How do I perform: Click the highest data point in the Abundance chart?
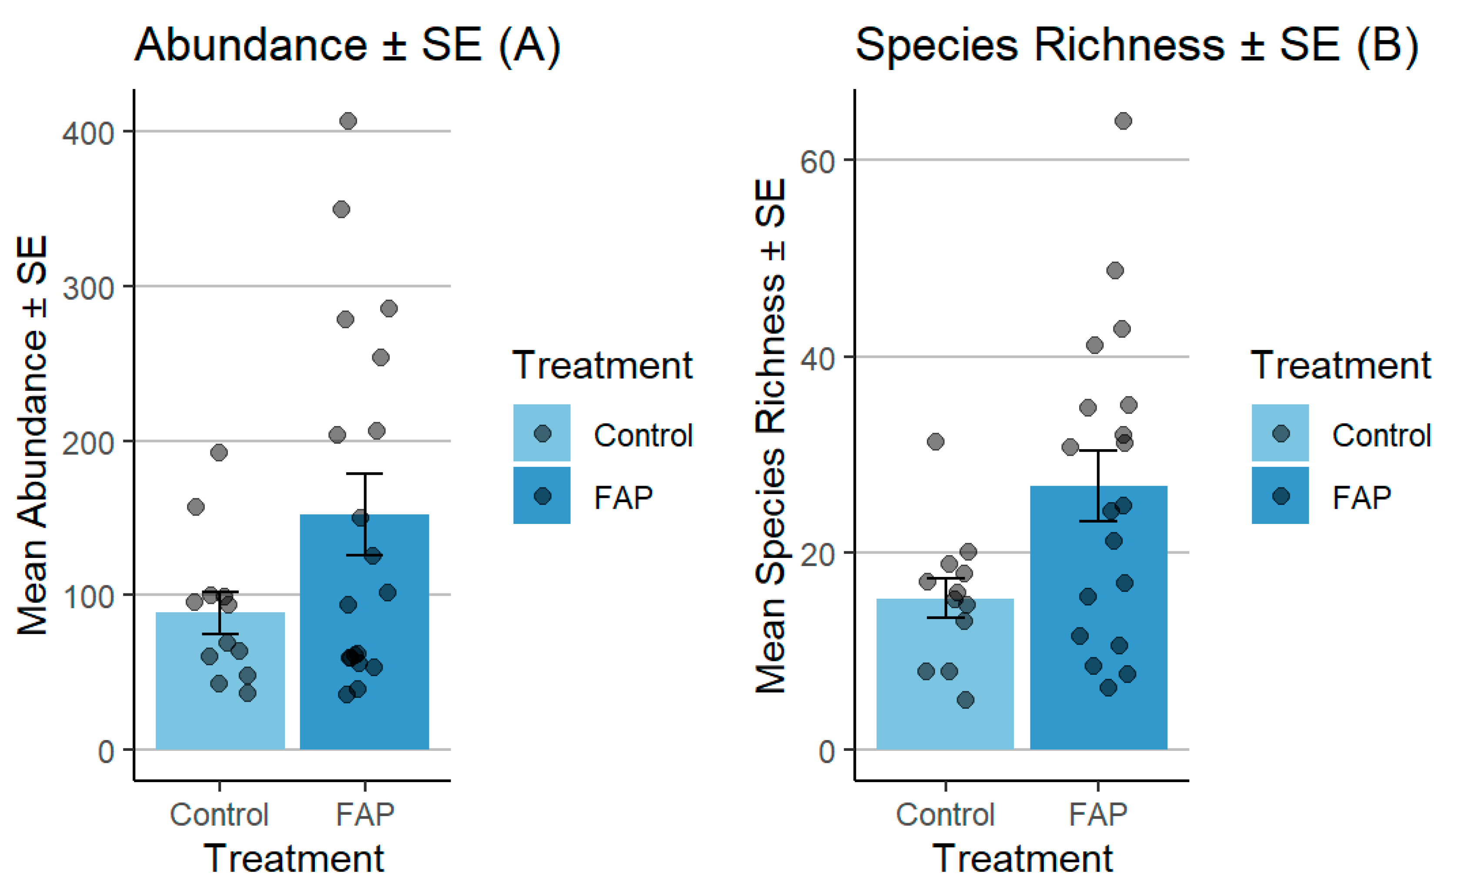coord(348,121)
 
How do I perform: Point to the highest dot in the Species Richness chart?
coord(1123,121)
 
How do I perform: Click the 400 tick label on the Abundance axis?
coord(88,133)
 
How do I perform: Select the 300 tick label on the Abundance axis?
coord(88,289)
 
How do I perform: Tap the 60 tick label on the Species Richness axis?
coord(817,161)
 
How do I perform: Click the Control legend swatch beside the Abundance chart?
coord(542,433)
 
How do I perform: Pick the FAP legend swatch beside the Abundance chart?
coord(542,496)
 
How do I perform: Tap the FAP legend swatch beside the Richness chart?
coord(1280,496)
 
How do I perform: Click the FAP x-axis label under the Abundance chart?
coord(364,814)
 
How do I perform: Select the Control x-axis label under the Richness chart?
coord(945,814)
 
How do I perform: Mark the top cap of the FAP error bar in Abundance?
coord(364,473)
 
